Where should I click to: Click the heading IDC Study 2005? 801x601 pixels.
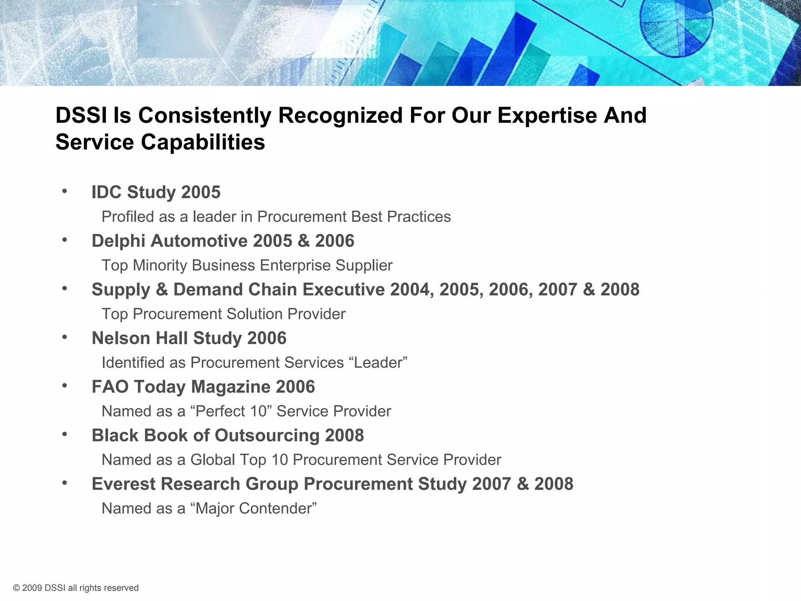[156, 192]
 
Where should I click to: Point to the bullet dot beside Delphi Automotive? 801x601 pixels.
[65, 240]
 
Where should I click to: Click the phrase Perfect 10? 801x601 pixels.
[233, 411]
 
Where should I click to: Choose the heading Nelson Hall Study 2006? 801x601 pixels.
[189, 338]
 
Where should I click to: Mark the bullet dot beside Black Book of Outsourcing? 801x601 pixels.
[65, 434]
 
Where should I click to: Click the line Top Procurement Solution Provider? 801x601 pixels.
[223, 314]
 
